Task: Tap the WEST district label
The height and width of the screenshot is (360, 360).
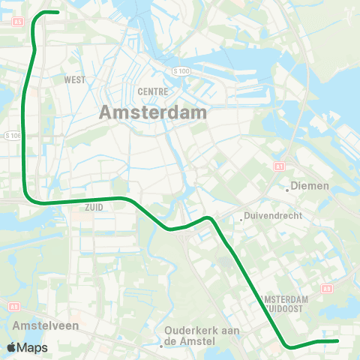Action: pos(74,79)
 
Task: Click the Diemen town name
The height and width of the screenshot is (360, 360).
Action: pos(311,185)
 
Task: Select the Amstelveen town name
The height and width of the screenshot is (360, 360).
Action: pos(38,326)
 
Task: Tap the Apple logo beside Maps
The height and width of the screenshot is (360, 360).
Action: pos(11,347)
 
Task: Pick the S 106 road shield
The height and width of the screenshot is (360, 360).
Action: pos(13,136)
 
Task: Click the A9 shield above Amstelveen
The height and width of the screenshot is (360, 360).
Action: pos(14,306)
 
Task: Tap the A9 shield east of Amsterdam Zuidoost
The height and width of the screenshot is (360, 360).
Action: pos(326,287)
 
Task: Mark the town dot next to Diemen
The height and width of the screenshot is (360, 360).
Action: pos(287,189)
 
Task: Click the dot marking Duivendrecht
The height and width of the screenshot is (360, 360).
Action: pos(241,220)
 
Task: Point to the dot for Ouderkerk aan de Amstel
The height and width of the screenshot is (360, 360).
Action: pos(161,346)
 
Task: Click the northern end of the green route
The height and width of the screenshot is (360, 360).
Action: pos(58,12)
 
